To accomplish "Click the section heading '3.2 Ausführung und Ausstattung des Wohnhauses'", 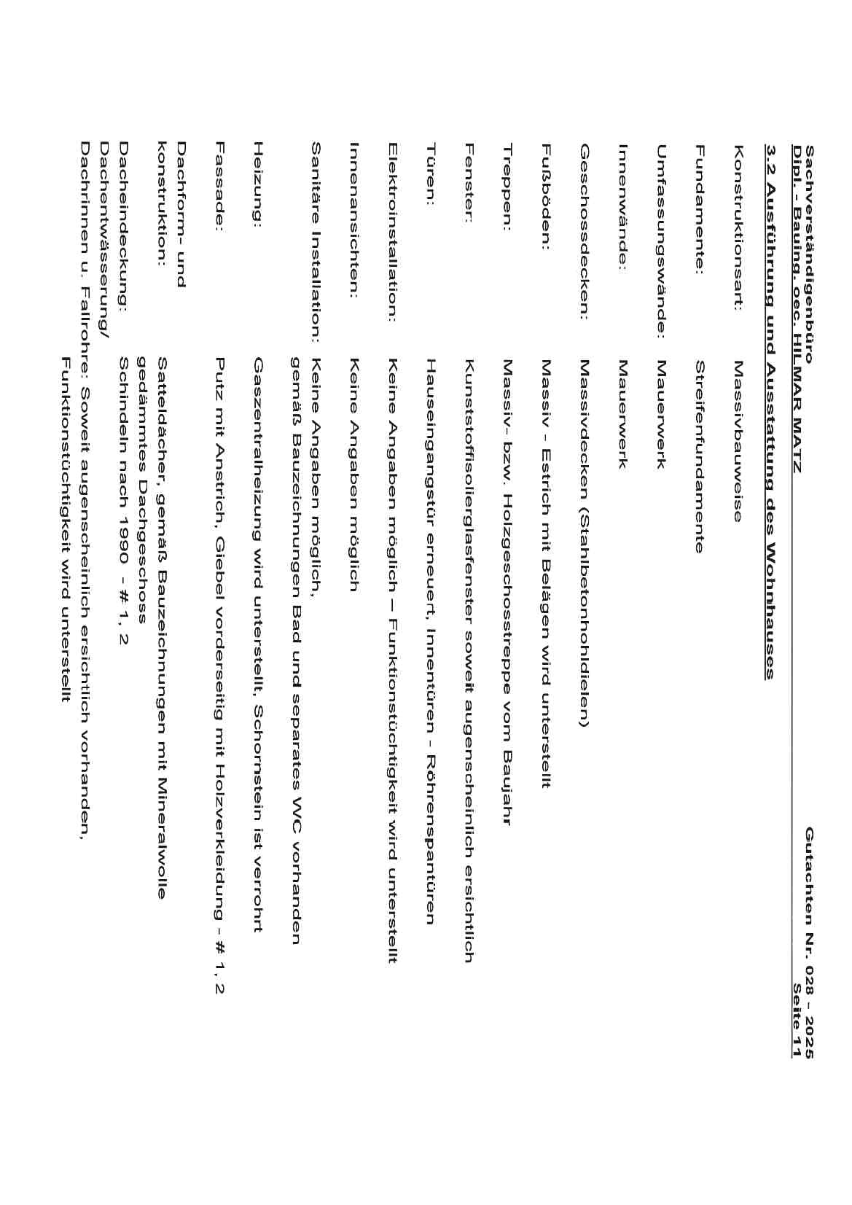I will point(770,411).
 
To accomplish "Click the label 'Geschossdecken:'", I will point(584,232).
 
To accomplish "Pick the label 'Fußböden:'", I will point(545,197).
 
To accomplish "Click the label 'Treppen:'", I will point(507,187).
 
